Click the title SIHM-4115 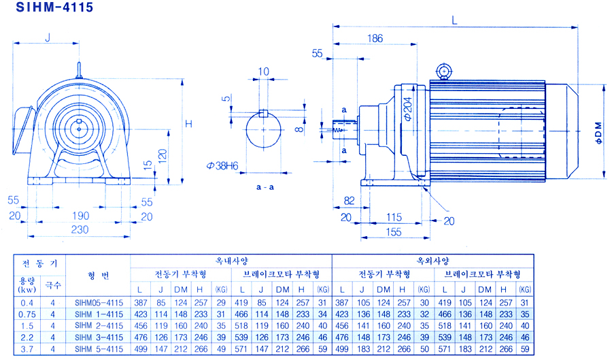coord(54,7)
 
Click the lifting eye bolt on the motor coord(444,71)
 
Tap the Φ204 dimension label coord(407,109)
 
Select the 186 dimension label coord(375,38)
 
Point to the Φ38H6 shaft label coord(222,166)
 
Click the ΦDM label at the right coord(598,133)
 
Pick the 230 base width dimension coord(80,229)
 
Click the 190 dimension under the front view coord(80,216)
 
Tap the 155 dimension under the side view coord(394,232)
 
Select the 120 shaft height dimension coord(163,156)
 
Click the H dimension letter coord(188,124)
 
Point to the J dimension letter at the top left coord(48,37)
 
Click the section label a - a coord(265,187)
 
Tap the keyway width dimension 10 coord(263,71)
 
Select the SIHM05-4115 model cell coord(99,303)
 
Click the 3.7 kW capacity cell coord(27,349)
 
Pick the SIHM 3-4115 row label coord(99,338)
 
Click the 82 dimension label coord(349,201)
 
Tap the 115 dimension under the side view coord(394,217)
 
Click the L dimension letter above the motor coord(454,20)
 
